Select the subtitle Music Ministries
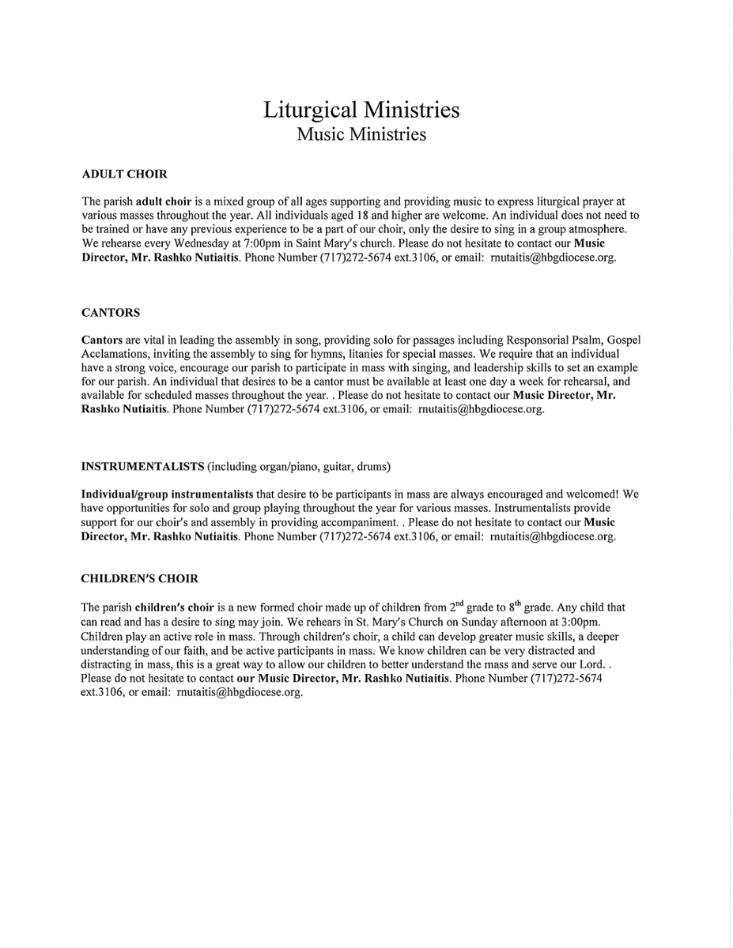361,134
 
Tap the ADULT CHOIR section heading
125,174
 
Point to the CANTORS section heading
111,313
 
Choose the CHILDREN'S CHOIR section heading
139,579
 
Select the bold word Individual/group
124,495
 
